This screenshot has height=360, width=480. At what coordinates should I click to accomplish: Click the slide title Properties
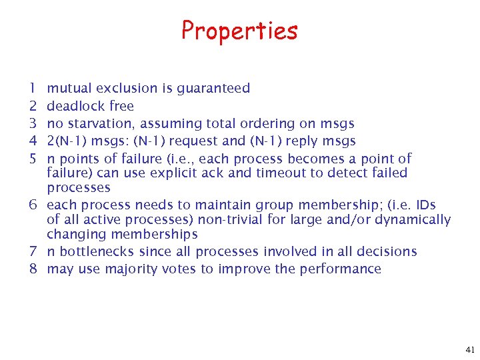tap(239, 31)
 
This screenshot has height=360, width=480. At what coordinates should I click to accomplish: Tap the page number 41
tap(469, 349)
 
